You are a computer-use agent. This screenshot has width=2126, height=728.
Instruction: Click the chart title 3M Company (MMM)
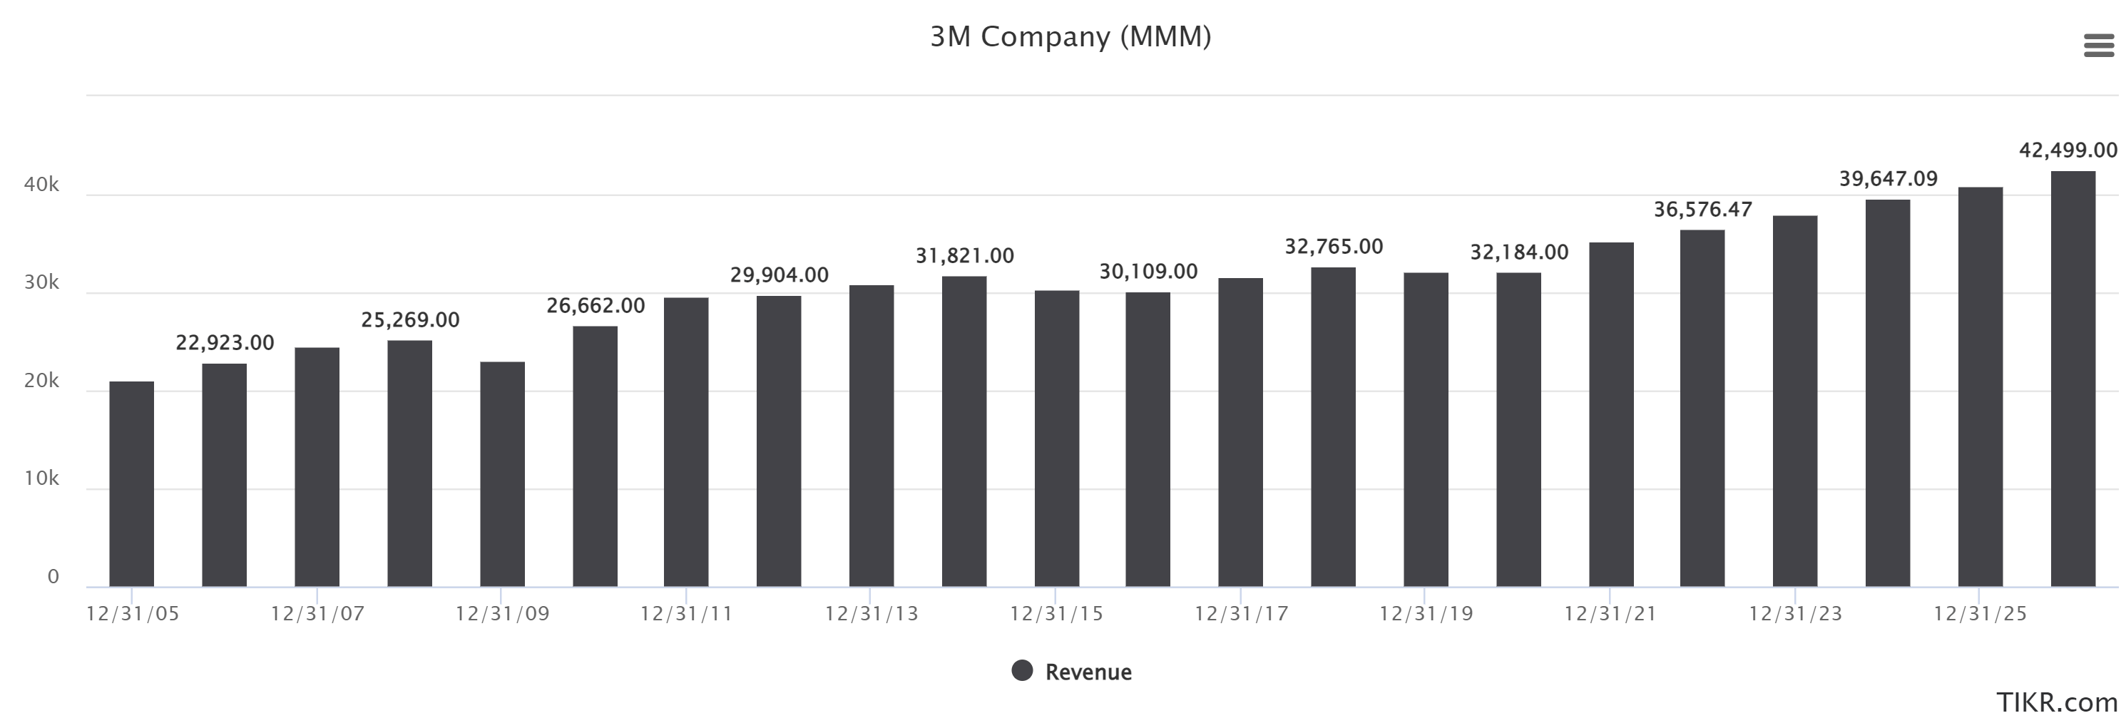click(1070, 37)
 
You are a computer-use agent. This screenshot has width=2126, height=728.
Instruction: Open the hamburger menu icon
click(2099, 46)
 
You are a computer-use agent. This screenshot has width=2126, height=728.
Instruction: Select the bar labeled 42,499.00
click(2073, 379)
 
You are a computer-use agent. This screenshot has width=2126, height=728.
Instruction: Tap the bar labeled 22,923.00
click(224, 476)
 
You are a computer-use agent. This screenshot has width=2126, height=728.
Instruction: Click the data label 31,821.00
click(964, 256)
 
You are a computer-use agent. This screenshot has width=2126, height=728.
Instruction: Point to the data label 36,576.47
click(1702, 210)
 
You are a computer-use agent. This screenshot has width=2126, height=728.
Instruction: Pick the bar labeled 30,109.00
click(1148, 439)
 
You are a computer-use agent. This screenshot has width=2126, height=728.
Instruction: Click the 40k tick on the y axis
click(41, 185)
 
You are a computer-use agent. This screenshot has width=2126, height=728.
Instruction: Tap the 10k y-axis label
click(41, 478)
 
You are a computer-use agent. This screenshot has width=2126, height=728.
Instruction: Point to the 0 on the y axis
click(53, 576)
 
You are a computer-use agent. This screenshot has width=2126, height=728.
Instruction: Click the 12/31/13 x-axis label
click(871, 614)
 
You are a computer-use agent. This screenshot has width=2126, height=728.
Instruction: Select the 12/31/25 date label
click(1980, 614)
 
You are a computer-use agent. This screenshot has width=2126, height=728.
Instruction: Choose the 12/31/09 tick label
click(502, 614)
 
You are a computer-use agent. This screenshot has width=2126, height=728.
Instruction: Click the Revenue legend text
click(1088, 672)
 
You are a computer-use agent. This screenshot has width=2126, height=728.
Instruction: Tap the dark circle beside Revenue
click(1022, 670)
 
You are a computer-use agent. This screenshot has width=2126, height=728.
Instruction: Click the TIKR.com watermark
click(2057, 702)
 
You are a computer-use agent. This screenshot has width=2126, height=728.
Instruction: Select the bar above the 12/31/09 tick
click(502, 475)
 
